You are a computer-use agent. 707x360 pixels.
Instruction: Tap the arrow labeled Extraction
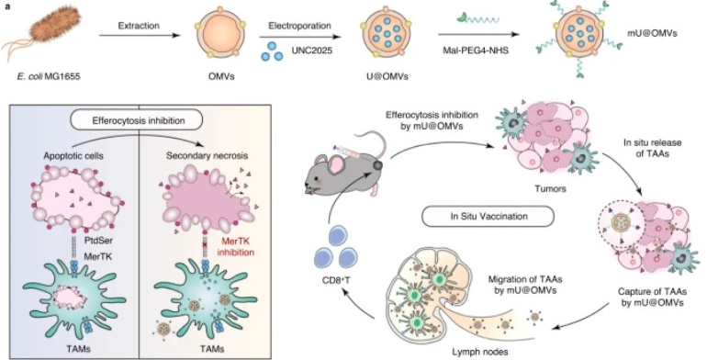(140, 34)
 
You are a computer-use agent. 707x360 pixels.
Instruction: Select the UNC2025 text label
(311, 51)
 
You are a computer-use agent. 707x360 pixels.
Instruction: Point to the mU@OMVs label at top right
(652, 33)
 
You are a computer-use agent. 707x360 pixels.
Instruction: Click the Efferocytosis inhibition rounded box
(139, 120)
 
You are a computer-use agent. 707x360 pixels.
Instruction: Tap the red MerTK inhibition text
(235, 246)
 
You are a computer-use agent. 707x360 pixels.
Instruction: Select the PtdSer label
(99, 241)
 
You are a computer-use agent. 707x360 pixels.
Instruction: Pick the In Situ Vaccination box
(488, 216)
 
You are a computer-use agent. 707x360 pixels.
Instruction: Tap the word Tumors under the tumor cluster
(550, 189)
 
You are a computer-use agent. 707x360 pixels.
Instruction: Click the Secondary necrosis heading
(207, 156)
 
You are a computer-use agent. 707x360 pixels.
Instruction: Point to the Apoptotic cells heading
(73, 156)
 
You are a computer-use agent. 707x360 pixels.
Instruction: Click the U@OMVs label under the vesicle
(387, 76)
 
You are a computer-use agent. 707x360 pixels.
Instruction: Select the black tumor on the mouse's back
(377, 165)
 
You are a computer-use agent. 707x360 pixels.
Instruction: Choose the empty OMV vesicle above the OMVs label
(220, 34)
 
